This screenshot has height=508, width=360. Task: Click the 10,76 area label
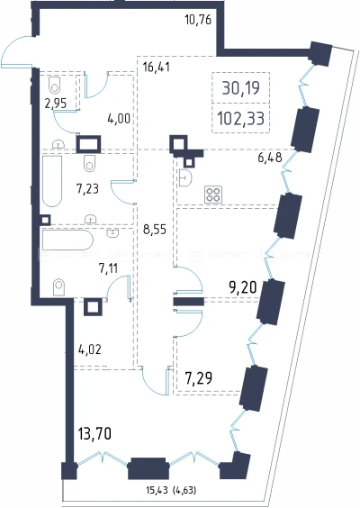tap(198, 20)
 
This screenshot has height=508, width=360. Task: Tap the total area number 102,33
tap(240, 118)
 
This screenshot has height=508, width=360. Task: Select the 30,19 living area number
tap(241, 87)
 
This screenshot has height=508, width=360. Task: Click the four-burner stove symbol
tap(213, 195)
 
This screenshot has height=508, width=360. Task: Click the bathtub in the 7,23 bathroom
tap(52, 181)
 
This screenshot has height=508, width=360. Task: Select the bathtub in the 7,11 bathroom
tap(67, 240)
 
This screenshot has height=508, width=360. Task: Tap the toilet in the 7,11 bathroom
tap(58, 286)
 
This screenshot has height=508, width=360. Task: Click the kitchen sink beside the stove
tap(185, 177)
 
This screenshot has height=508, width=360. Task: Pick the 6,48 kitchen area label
tap(270, 158)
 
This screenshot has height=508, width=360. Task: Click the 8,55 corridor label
tap(155, 230)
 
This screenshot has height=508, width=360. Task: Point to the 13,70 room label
tap(94, 433)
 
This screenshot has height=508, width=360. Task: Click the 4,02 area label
tap(90, 349)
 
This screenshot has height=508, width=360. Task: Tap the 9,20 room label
tap(243, 286)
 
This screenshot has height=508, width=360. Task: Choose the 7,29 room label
tap(199, 377)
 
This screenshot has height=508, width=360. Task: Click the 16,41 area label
tap(156, 68)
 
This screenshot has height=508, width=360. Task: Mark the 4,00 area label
tap(119, 119)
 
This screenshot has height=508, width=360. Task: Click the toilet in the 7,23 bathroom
tap(89, 163)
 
